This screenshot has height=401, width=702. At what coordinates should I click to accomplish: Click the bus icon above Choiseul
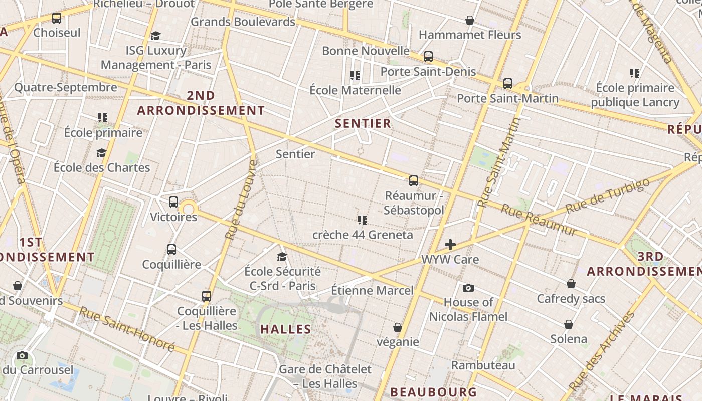(57, 18)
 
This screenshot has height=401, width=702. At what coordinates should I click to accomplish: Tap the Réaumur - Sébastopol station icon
(414, 181)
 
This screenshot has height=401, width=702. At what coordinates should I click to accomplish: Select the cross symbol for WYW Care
(450, 245)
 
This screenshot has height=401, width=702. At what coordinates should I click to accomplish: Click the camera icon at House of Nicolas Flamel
(468, 288)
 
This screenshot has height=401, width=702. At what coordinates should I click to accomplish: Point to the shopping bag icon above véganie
(398, 327)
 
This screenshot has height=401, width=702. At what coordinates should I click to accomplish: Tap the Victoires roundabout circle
(189, 209)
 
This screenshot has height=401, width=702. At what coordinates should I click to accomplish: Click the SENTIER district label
(363, 123)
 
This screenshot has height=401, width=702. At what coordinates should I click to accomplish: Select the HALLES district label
(286, 329)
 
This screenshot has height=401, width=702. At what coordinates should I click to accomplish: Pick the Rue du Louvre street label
(241, 199)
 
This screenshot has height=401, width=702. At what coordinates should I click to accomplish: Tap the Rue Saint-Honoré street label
(126, 329)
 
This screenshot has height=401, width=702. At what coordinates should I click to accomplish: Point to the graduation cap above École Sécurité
(282, 257)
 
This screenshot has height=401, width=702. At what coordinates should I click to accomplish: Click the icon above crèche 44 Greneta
(363, 220)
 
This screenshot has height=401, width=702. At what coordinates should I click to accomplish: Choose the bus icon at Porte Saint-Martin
(508, 83)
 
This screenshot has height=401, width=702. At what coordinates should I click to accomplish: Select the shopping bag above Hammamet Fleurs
(470, 20)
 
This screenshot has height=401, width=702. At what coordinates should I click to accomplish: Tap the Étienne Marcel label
(372, 290)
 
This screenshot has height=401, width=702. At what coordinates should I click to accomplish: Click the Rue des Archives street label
(602, 351)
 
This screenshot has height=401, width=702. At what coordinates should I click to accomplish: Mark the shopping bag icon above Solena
(569, 324)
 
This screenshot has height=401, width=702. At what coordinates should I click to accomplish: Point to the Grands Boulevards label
(243, 22)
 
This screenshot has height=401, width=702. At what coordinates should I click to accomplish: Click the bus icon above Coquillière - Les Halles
(207, 296)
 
